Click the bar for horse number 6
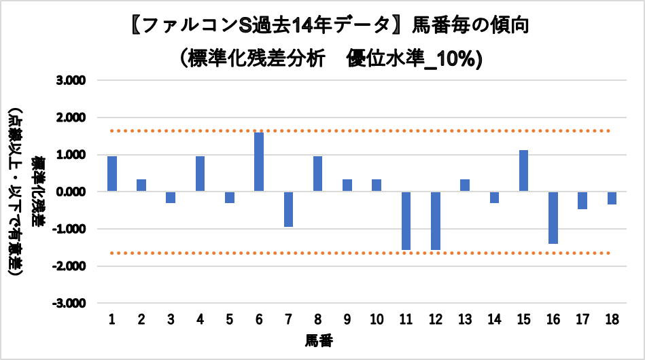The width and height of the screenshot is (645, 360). [x=259, y=162]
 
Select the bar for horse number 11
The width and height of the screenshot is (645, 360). [x=406, y=221]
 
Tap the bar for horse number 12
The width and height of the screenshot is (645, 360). [x=435, y=221]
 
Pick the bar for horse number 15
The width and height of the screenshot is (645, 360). [x=523, y=170]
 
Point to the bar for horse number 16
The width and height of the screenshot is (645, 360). [x=553, y=217]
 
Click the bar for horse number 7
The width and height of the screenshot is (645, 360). [x=288, y=209]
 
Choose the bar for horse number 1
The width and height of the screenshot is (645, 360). [x=112, y=174]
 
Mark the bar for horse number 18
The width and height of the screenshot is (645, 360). [x=612, y=198]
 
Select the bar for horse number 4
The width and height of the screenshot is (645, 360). [x=201, y=174]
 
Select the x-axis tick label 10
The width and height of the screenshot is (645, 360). [x=377, y=319]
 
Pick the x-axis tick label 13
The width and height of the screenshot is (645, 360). [x=465, y=319]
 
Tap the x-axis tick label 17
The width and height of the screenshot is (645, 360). [x=582, y=319]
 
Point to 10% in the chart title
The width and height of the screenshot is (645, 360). [x=451, y=60]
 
